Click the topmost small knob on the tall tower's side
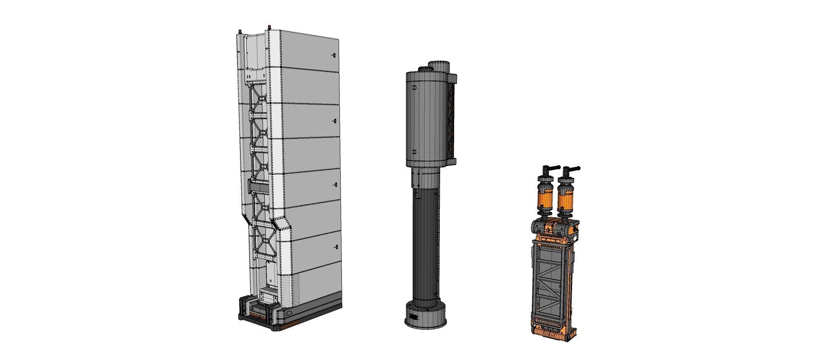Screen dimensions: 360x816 (x=334, y=55)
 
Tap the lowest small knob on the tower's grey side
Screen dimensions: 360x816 (x=337, y=247)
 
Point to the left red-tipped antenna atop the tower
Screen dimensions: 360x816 (x=240, y=31)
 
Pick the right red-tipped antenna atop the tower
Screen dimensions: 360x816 (x=268, y=28)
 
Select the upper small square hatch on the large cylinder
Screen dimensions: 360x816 (x=414, y=87)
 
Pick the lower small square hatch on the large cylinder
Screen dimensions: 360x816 (x=414, y=152)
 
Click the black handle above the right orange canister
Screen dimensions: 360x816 (x=571, y=168)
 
